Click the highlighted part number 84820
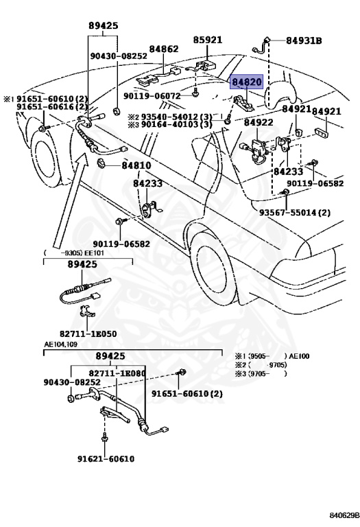(246, 82)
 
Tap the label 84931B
(304, 40)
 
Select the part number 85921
(208, 40)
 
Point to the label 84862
(164, 49)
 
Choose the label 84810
(136, 165)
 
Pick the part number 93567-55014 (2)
(295, 213)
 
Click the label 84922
(259, 122)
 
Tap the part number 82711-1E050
(88, 333)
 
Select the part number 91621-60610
(106, 459)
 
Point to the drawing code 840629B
(344, 515)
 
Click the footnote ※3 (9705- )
(261, 373)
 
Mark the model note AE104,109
(61, 345)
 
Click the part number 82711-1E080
(117, 373)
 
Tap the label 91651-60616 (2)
(52, 107)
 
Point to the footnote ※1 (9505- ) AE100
(272, 356)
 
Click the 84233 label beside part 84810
(147, 183)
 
